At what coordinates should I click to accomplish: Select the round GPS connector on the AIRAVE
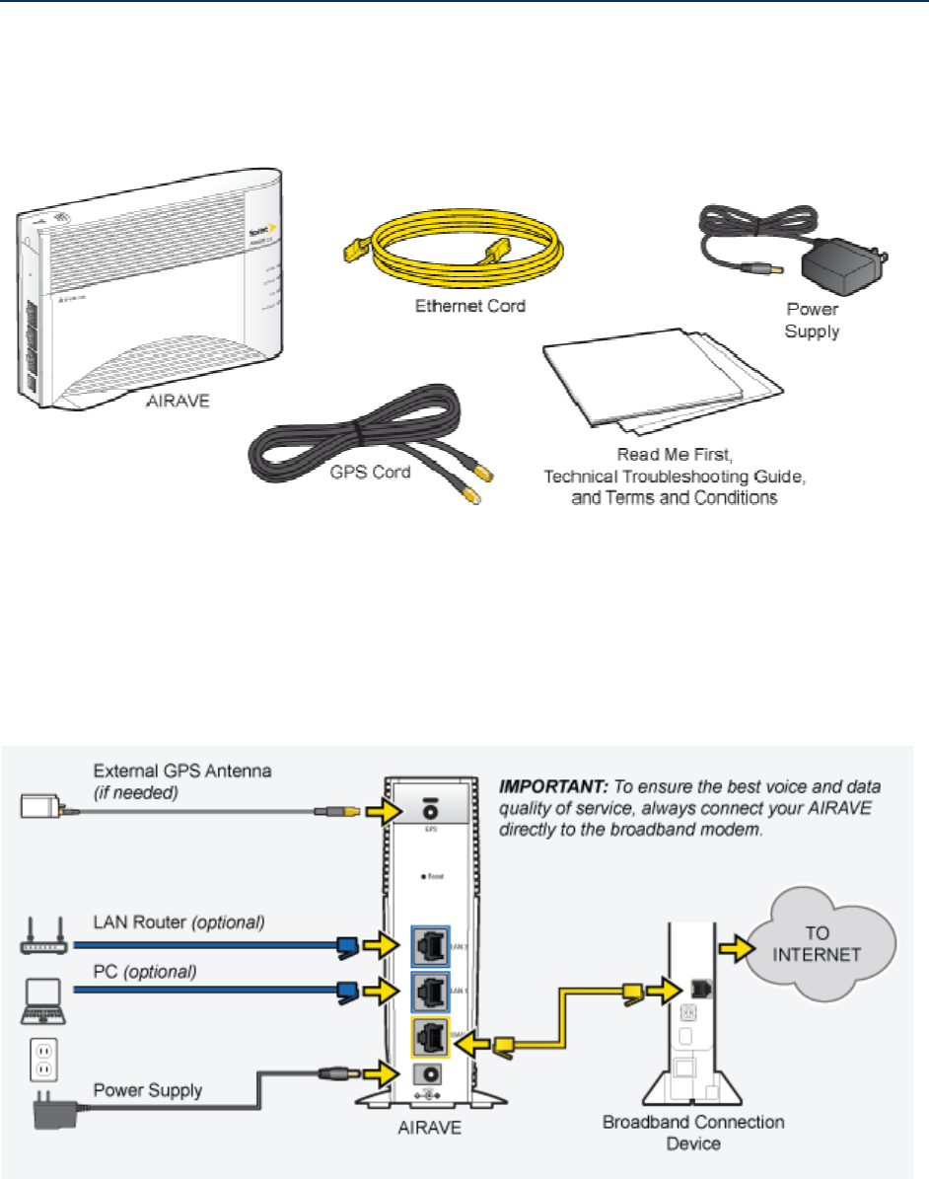(430, 808)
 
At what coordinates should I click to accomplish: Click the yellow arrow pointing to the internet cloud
(731, 951)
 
